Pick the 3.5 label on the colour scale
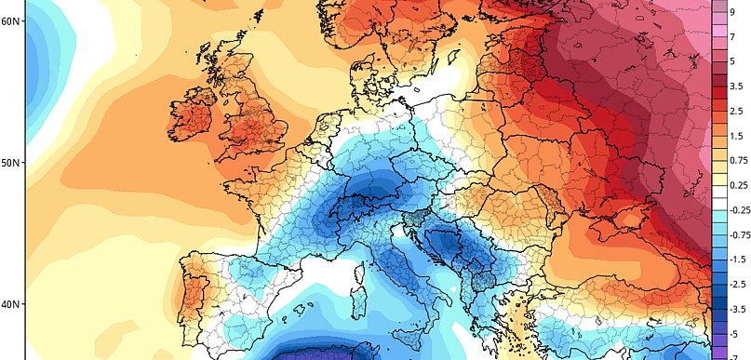tap(736, 87)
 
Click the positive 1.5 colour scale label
tap(736, 136)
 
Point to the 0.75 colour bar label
tap(737, 161)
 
